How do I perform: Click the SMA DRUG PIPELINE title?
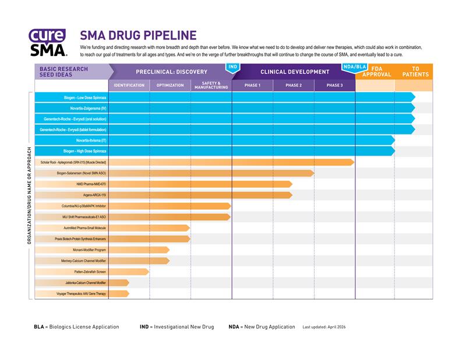coord(138,35)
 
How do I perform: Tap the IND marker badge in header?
coord(232,67)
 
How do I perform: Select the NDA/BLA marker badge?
coord(355,67)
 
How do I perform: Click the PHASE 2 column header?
coord(294,86)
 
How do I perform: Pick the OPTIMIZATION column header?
coord(170,86)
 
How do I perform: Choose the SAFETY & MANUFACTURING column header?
coord(211,85)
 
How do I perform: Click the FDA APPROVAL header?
coord(377,72)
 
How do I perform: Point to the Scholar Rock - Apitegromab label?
coord(73,162)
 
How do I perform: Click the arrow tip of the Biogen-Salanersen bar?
coord(313,173)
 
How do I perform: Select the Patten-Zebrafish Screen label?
coord(90,271)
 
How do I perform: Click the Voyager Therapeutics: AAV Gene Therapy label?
coord(81,294)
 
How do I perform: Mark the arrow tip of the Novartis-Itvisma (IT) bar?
coord(394,140)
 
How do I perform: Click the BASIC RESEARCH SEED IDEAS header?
coord(64,72)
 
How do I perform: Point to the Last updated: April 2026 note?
coord(324,327)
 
